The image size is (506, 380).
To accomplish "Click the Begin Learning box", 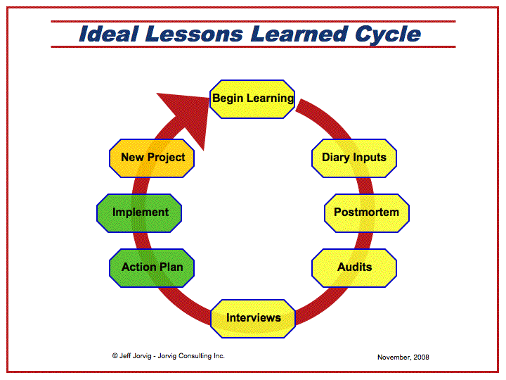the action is point(252,99).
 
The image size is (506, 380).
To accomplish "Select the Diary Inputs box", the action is point(354,158).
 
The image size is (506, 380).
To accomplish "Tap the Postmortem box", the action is point(367,213).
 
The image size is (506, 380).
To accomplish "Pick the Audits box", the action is point(354,268).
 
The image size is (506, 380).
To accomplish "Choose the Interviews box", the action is point(253,319).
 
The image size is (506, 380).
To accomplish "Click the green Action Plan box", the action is point(152,268).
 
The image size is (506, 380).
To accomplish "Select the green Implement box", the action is point(139,213).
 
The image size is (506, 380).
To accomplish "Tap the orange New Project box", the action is point(152,158).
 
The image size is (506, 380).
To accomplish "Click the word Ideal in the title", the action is point(109,34).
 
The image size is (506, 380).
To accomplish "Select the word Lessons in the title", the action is point(194,34).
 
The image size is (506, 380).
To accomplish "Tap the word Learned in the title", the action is point(299,34).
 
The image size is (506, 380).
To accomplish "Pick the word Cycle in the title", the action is point(388,35).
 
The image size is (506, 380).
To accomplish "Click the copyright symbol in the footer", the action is point(115,356).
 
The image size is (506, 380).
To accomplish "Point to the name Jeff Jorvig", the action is point(135,356).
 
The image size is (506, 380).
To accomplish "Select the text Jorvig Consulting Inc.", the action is point(191,356).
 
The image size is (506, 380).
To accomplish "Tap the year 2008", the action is point(421,357).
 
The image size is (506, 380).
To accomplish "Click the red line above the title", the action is point(253,22).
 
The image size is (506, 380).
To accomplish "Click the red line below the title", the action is point(253,47).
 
